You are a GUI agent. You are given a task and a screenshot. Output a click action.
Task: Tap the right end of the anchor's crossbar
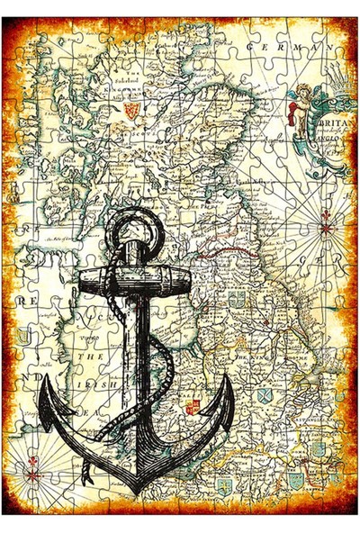[x=189, y=277]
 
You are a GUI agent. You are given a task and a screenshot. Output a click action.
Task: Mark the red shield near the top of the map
[x=131, y=110]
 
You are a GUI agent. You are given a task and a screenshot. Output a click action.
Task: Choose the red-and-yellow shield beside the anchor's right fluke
[x=192, y=407]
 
